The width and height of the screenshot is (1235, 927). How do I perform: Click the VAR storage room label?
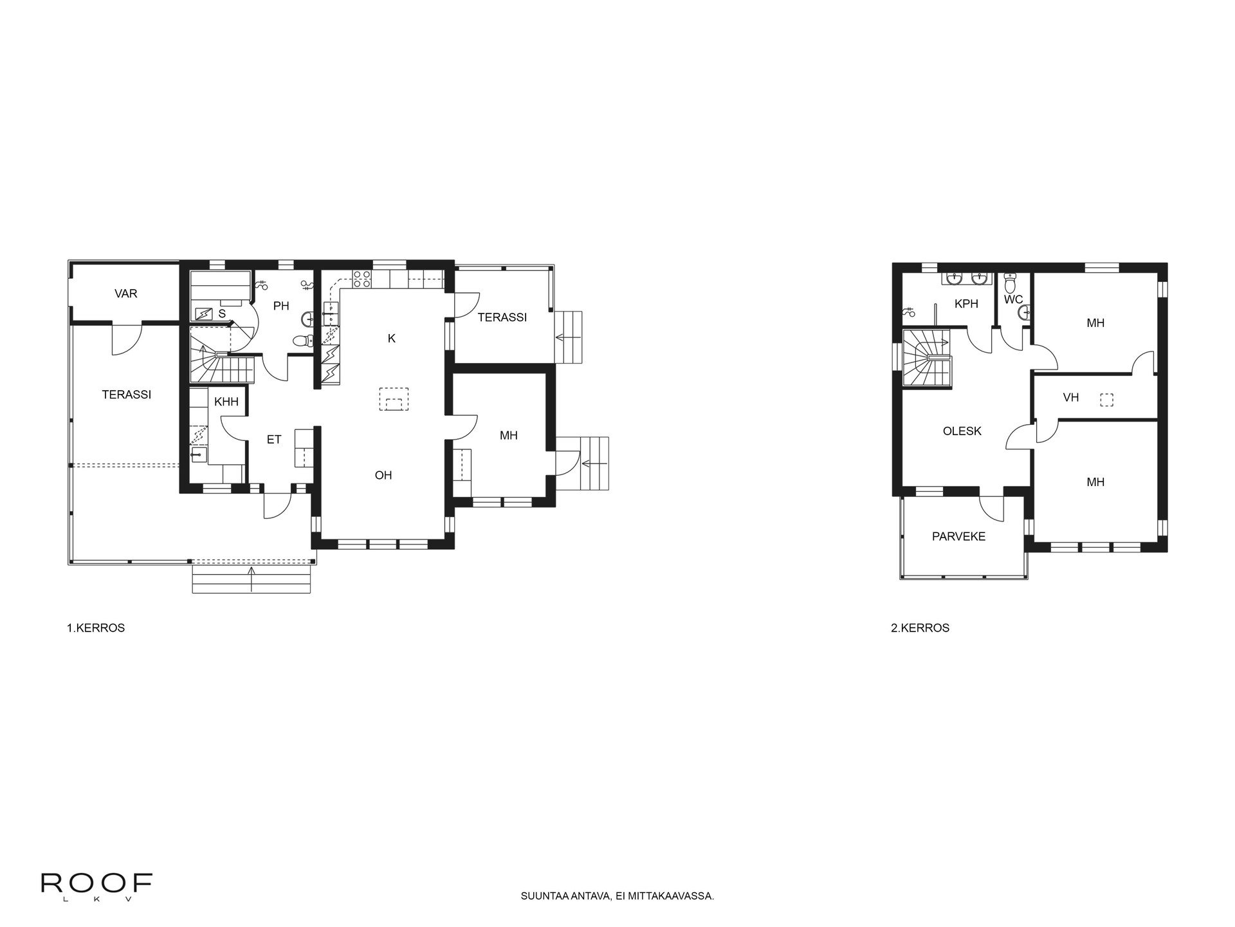126,294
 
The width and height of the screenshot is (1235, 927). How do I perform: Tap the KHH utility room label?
226,402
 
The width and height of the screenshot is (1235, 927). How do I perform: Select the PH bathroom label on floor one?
281,306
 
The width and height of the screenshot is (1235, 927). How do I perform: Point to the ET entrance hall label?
274,440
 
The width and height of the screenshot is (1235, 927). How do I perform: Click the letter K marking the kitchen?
392,339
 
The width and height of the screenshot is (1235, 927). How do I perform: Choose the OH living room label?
383,475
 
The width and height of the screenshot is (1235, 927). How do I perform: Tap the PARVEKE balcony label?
958,536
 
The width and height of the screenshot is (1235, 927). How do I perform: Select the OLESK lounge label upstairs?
962,431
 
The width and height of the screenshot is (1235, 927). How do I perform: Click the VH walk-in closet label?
1071,398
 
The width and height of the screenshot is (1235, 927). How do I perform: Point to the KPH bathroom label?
966,303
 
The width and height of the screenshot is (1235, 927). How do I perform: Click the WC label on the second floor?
1013,299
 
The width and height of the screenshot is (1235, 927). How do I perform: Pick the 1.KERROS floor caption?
96,628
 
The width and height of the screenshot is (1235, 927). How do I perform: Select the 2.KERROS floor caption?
920,628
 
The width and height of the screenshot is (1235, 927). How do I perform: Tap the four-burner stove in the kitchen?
361,279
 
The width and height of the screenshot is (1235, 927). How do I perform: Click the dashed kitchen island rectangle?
394,398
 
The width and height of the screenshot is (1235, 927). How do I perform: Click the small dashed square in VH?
1106,399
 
